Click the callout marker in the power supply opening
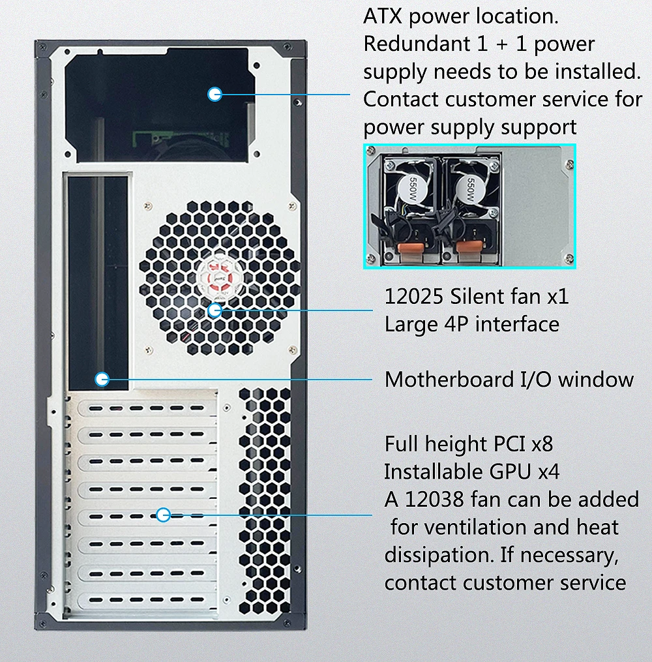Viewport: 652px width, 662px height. pos(215,94)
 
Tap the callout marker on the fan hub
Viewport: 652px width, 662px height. pos(215,310)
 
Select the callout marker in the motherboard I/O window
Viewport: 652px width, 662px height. pos(101,378)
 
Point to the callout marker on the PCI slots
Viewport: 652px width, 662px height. pos(163,515)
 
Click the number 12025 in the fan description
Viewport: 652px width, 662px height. pos(414,297)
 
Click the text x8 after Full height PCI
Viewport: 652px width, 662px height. pos(542,444)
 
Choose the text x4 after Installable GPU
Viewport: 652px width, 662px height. pos(548,472)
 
